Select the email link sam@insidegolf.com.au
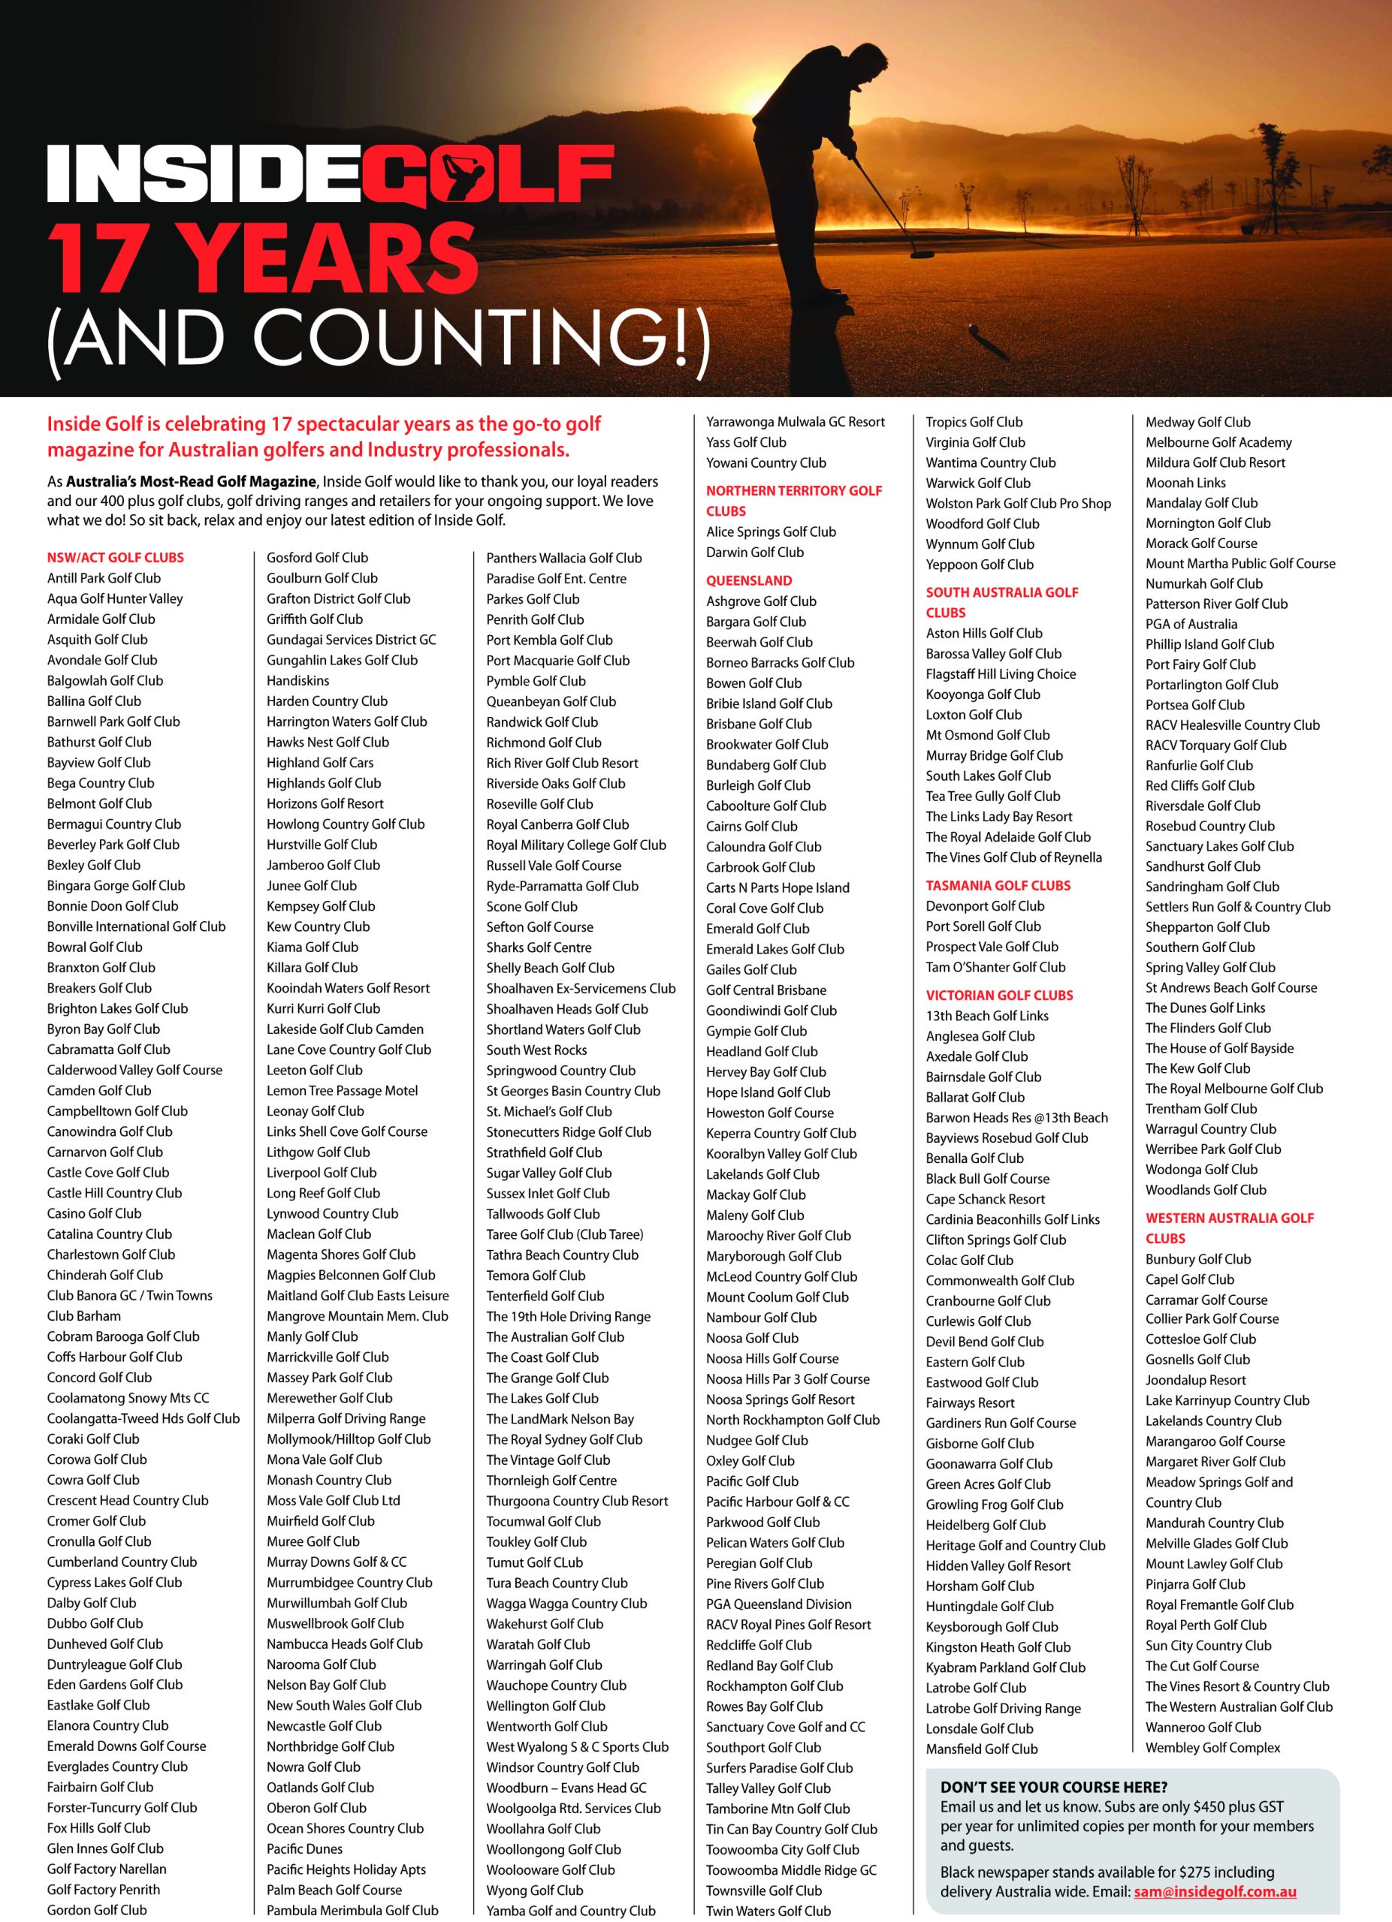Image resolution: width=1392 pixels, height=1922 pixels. click(x=1214, y=1891)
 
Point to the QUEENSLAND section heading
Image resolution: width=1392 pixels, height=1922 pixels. click(x=748, y=580)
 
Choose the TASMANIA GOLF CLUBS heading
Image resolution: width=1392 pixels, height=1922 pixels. click(x=998, y=886)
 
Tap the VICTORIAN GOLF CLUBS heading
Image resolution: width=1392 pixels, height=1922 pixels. click(x=998, y=995)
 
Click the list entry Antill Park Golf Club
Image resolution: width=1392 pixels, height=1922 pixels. click(x=104, y=578)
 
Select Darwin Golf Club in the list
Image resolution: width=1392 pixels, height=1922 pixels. click(x=754, y=552)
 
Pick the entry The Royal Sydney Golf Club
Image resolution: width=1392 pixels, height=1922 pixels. click(x=563, y=1439)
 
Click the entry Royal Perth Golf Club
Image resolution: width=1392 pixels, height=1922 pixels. click(x=1206, y=1625)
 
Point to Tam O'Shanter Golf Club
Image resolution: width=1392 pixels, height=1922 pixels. click(x=995, y=967)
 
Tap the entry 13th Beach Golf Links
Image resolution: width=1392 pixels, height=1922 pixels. click(x=987, y=1015)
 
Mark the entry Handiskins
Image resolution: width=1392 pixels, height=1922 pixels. click(x=297, y=680)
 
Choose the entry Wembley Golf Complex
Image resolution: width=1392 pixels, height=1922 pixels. click(x=1212, y=1747)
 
